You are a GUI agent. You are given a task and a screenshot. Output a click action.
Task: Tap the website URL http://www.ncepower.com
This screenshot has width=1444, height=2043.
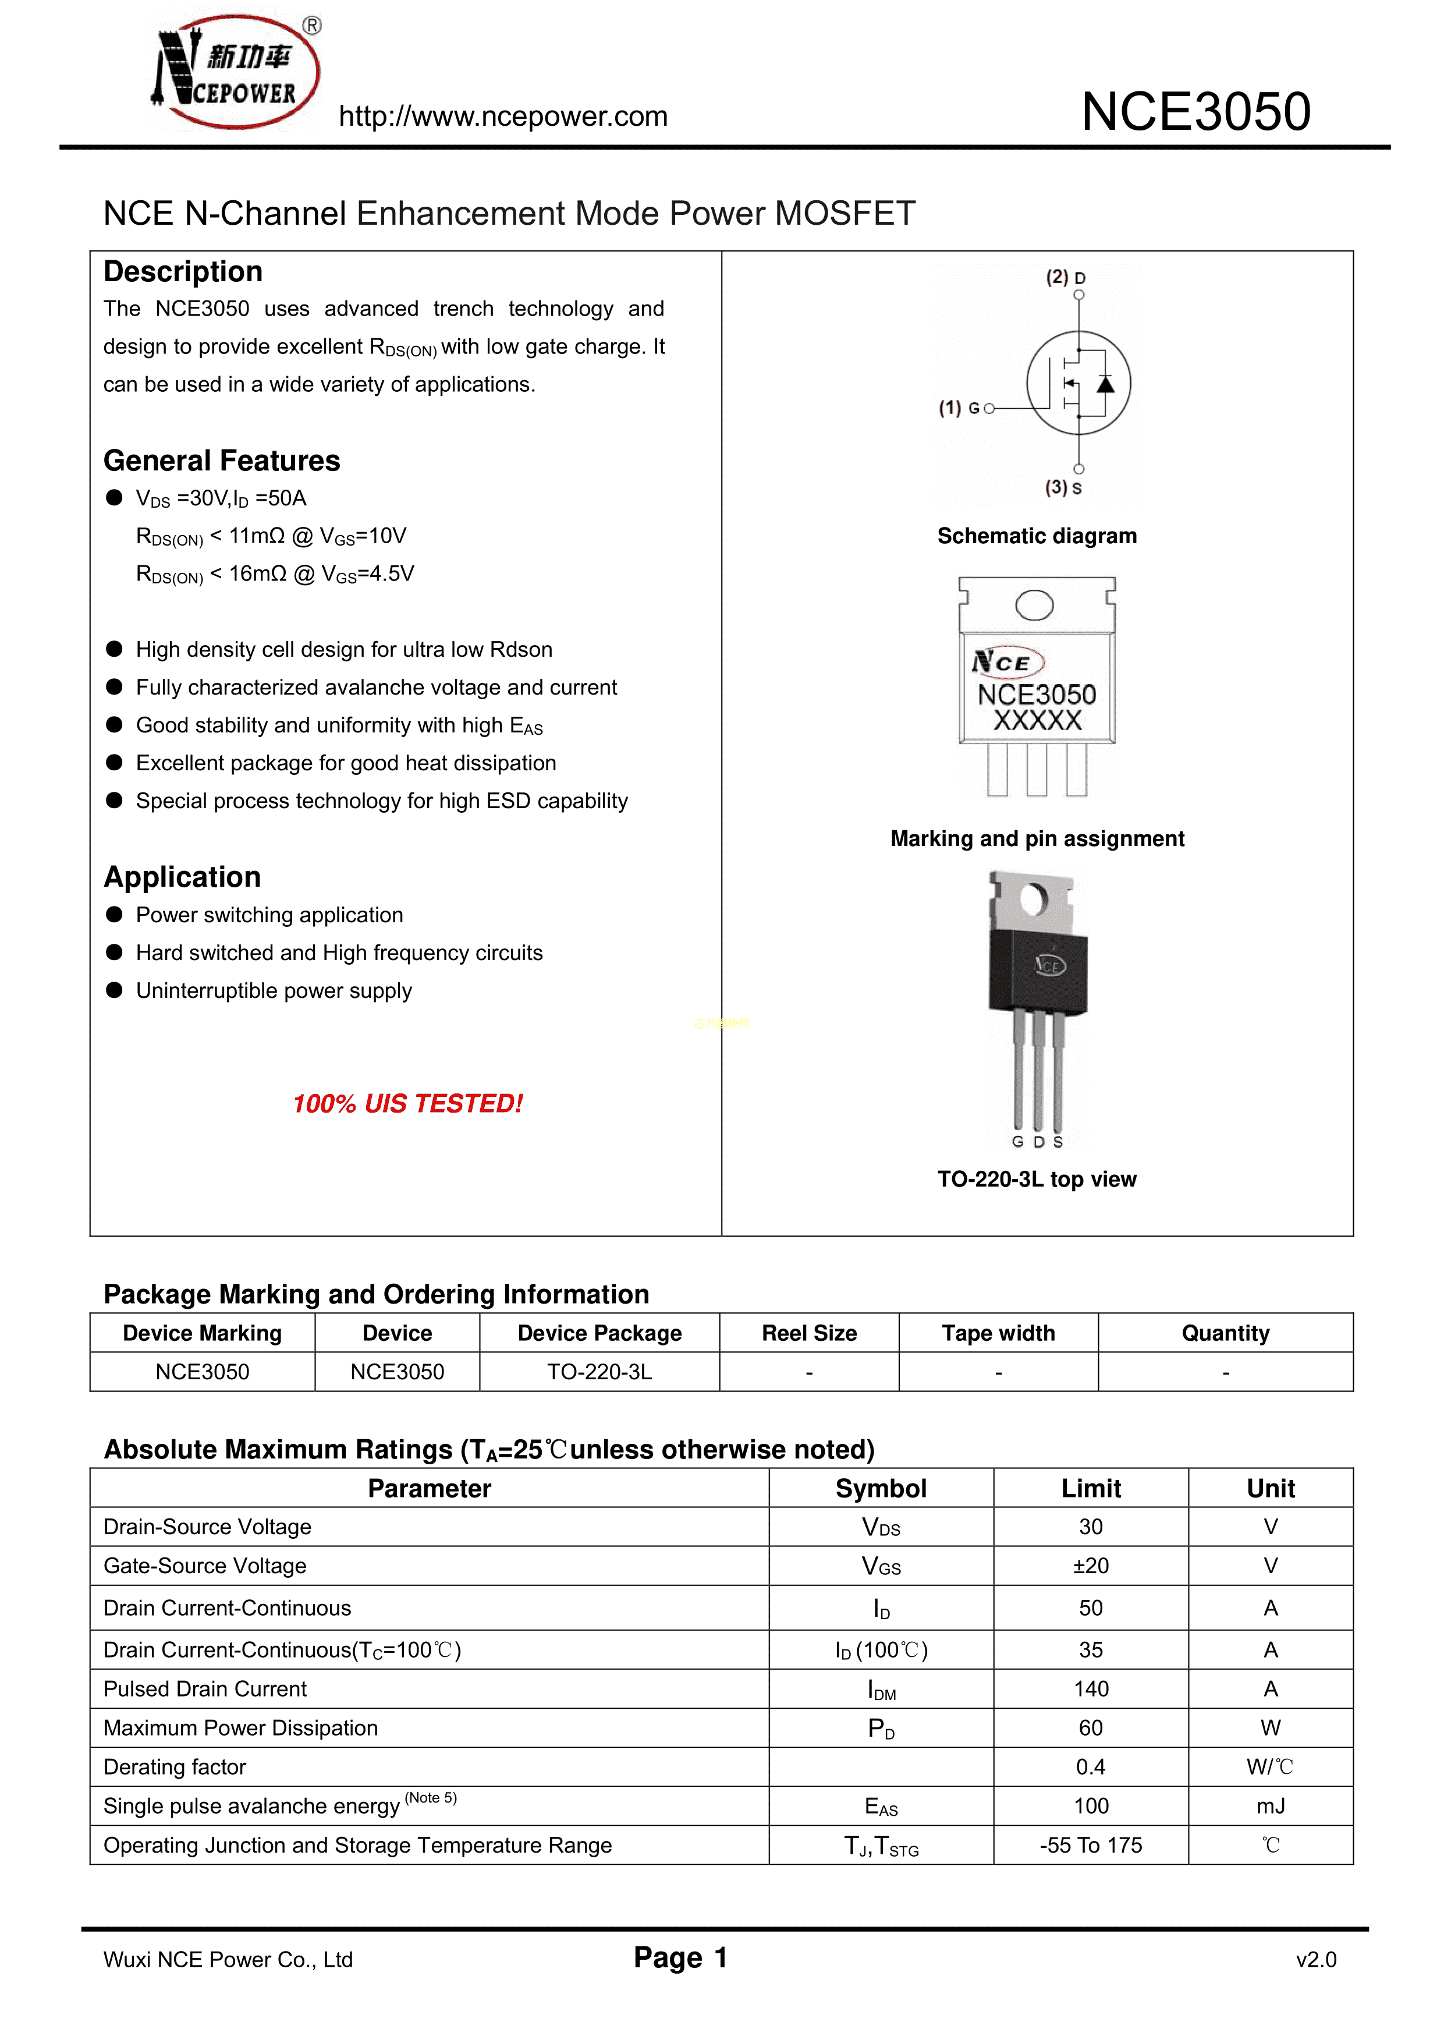(503, 116)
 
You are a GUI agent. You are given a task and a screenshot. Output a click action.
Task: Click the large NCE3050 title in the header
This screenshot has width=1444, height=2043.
(1195, 112)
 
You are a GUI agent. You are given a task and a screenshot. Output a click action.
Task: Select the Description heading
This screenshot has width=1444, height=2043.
(183, 271)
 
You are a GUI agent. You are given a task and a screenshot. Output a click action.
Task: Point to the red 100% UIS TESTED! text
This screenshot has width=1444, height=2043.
(407, 1103)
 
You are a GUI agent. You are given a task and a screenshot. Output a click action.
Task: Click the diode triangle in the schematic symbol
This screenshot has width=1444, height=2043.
(1105, 384)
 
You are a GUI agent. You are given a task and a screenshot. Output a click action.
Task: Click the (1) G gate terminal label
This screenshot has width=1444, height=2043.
(959, 408)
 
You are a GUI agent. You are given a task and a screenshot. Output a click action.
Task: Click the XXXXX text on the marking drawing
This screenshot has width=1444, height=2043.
(1037, 721)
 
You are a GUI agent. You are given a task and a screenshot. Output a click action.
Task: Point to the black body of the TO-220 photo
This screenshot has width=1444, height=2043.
(1037, 970)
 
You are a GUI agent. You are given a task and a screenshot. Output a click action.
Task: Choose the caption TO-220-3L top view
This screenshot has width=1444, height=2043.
(1037, 1179)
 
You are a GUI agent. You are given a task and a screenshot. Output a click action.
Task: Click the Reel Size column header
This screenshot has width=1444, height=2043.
(809, 1333)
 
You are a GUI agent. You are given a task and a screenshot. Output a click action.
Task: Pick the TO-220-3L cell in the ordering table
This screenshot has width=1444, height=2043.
(599, 1372)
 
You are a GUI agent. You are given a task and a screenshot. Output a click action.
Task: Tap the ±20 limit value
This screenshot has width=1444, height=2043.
(1091, 1566)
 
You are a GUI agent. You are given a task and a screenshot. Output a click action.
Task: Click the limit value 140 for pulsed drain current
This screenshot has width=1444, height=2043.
(1091, 1689)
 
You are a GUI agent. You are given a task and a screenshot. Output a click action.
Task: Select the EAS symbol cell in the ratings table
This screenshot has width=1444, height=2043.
(881, 1806)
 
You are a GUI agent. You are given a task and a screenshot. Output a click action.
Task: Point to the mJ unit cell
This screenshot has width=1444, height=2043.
(1271, 1806)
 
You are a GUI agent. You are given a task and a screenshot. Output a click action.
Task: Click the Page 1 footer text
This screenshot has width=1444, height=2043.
(680, 1957)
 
